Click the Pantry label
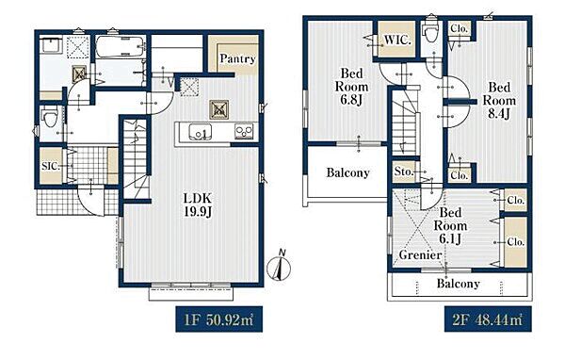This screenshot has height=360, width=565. point(237,58)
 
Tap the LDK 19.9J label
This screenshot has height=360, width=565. point(198,205)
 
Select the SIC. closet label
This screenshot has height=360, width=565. point(51,166)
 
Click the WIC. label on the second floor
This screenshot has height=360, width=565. point(397,40)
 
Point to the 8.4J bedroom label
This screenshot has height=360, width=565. point(499,101)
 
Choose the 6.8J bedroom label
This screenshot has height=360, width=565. point(351,87)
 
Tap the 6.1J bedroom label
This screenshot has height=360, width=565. point(450,226)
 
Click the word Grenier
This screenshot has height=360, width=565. point(420,255)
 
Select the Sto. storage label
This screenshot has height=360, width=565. point(404,172)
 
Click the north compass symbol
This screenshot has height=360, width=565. point(279,267)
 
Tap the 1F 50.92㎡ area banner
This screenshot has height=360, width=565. point(219,319)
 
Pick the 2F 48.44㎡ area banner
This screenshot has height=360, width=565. point(488,319)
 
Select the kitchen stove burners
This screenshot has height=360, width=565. point(244,131)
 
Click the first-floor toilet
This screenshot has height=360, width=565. point(49,117)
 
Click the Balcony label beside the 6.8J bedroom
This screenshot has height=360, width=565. point(347,172)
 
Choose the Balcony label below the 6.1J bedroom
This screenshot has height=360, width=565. point(458,283)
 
